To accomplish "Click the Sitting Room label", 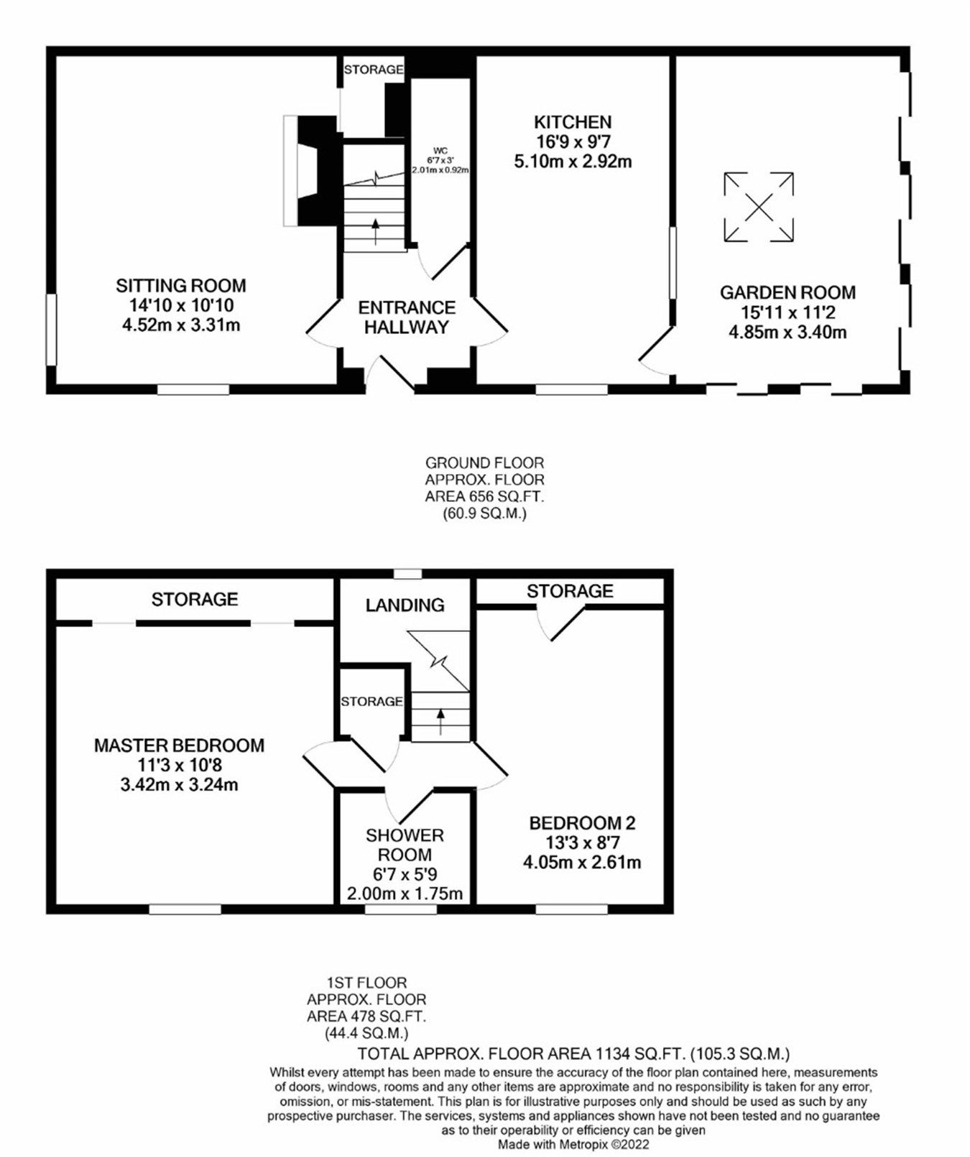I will [x=181, y=286].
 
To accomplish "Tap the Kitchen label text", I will [x=573, y=122].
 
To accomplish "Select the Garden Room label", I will [x=787, y=293].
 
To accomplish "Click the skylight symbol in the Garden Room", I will [x=759, y=208].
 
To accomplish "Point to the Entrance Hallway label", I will [x=407, y=317].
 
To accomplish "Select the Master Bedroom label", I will [x=179, y=745].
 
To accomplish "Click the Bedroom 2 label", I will [x=582, y=823].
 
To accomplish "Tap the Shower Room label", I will [x=405, y=845].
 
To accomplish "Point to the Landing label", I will [x=405, y=605].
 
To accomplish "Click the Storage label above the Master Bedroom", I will [x=194, y=599].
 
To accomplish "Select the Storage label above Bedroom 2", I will [x=570, y=591].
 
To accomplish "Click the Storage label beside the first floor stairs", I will [x=371, y=701].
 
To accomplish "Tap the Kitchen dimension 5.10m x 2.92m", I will [x=573, y=162].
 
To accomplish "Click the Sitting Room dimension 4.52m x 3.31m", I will [x=181, y=325].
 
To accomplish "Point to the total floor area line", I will [x=573, y=1054].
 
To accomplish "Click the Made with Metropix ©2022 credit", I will [x=573, y=1144].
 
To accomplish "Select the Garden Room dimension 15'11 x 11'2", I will [x=787, y=313].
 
